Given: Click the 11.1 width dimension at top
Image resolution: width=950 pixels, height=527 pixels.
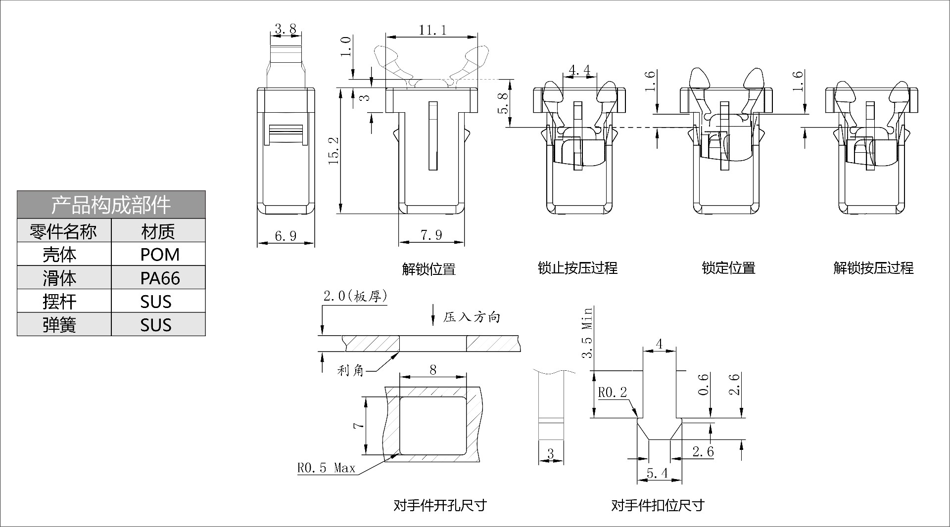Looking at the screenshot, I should tap(432, 30).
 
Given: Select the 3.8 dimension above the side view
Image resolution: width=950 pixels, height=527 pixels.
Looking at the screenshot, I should tap(285, 29).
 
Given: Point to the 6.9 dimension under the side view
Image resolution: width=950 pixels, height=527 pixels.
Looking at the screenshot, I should tap(285, 236).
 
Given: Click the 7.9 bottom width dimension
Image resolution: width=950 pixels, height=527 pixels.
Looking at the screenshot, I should tap(431, 235).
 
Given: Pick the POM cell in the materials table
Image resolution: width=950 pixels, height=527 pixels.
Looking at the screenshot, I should tap(159, 255).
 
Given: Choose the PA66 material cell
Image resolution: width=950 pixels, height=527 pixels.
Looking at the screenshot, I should tap(159, 278).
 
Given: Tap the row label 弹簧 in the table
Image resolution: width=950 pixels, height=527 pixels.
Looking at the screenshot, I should tap(59, 325).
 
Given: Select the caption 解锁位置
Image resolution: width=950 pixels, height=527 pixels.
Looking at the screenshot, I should tap(428, 269).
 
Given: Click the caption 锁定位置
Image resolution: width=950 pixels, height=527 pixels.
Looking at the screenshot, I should tap(728, 268).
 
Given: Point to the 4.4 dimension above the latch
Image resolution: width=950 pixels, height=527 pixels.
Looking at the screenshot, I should tap(579, 71).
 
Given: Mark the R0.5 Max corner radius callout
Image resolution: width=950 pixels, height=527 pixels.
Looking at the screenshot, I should tap(326, 468).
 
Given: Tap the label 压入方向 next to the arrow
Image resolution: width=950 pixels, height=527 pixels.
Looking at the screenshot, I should tap(471, 317).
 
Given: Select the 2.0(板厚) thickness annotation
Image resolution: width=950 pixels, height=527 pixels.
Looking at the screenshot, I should tap(355, 296).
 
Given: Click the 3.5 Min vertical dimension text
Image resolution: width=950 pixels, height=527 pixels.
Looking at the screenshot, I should tap(587, 332).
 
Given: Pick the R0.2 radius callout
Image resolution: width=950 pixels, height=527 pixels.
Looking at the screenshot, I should tap(612, 393).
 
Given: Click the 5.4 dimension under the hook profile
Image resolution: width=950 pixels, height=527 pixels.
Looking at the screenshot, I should tap(657, 474).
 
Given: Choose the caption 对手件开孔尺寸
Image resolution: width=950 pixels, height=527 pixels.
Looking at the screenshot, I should tap(440, 505).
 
